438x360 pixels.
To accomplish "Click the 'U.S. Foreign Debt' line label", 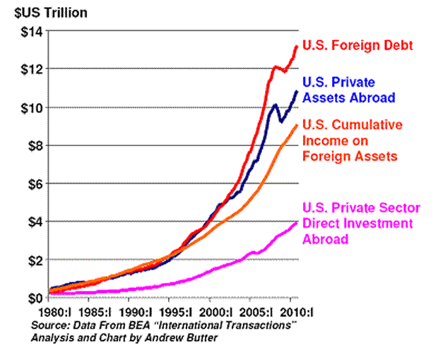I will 357,46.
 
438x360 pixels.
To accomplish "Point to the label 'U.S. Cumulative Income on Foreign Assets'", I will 353,140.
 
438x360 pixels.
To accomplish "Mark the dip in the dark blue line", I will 282,121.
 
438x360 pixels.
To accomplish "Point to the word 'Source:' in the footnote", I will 49,325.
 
